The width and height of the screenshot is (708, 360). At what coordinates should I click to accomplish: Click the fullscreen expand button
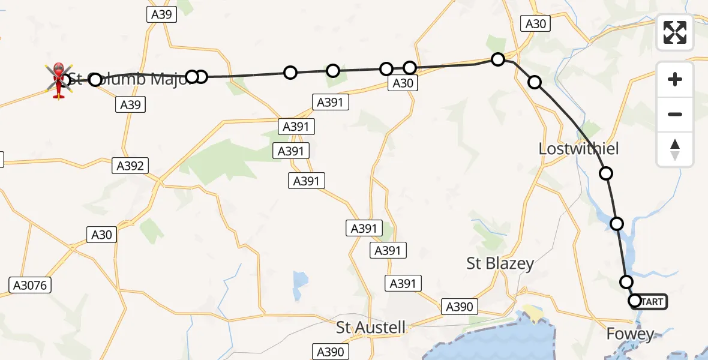(675, 32)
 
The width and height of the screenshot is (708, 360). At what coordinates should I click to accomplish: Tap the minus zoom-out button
(675, 114)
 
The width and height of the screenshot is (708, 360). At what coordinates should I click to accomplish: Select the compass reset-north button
(675, 149)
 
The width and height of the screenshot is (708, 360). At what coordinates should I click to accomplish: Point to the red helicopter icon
(59, 80)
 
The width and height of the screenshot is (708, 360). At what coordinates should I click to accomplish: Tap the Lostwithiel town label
(578, 149)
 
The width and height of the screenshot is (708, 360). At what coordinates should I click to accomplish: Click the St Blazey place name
(500, 263)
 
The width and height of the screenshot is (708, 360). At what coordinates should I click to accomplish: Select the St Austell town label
(371, 328)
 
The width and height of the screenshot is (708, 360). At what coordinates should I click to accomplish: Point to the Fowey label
(630, 334)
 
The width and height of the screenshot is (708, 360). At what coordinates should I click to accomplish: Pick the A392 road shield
(131, 166)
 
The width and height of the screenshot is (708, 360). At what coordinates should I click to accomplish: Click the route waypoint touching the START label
(635, 301)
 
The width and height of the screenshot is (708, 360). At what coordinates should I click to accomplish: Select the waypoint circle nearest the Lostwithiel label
(606, 174)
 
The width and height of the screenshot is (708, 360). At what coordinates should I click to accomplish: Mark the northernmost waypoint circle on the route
(498, 59)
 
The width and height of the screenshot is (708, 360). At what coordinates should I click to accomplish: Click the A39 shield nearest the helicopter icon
(131, 105)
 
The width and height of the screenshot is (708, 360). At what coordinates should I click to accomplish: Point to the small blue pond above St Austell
(301, 279)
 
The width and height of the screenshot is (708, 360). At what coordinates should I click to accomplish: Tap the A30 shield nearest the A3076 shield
(101, 235)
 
